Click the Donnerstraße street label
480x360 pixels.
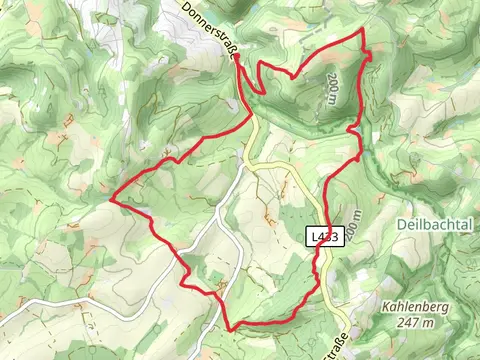click(209, 29)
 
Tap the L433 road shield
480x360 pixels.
click(326, 236)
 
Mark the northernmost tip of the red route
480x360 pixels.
click(362, 32)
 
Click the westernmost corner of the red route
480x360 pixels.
click(110, 201)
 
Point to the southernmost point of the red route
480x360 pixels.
click(232, 328)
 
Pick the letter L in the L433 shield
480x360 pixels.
click(314, 236)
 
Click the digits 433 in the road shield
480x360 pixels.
click(331, 236)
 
